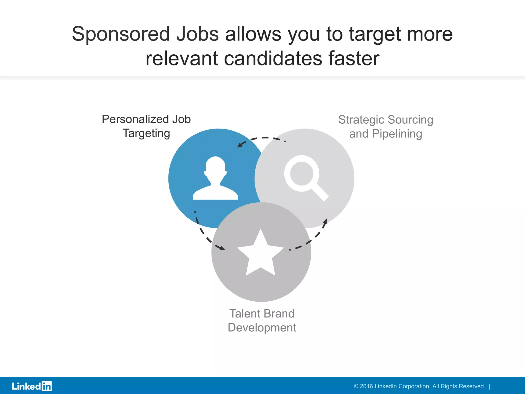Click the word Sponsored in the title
click(121, 34)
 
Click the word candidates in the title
click(273, 58)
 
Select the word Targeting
click(146, 133)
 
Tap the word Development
click(262, 328)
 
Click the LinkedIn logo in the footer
click(32, 386)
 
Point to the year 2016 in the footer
click(366, 386)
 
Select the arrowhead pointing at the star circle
click(221, 248)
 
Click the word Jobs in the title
click(197, 34)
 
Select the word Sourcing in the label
click(410, 120)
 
